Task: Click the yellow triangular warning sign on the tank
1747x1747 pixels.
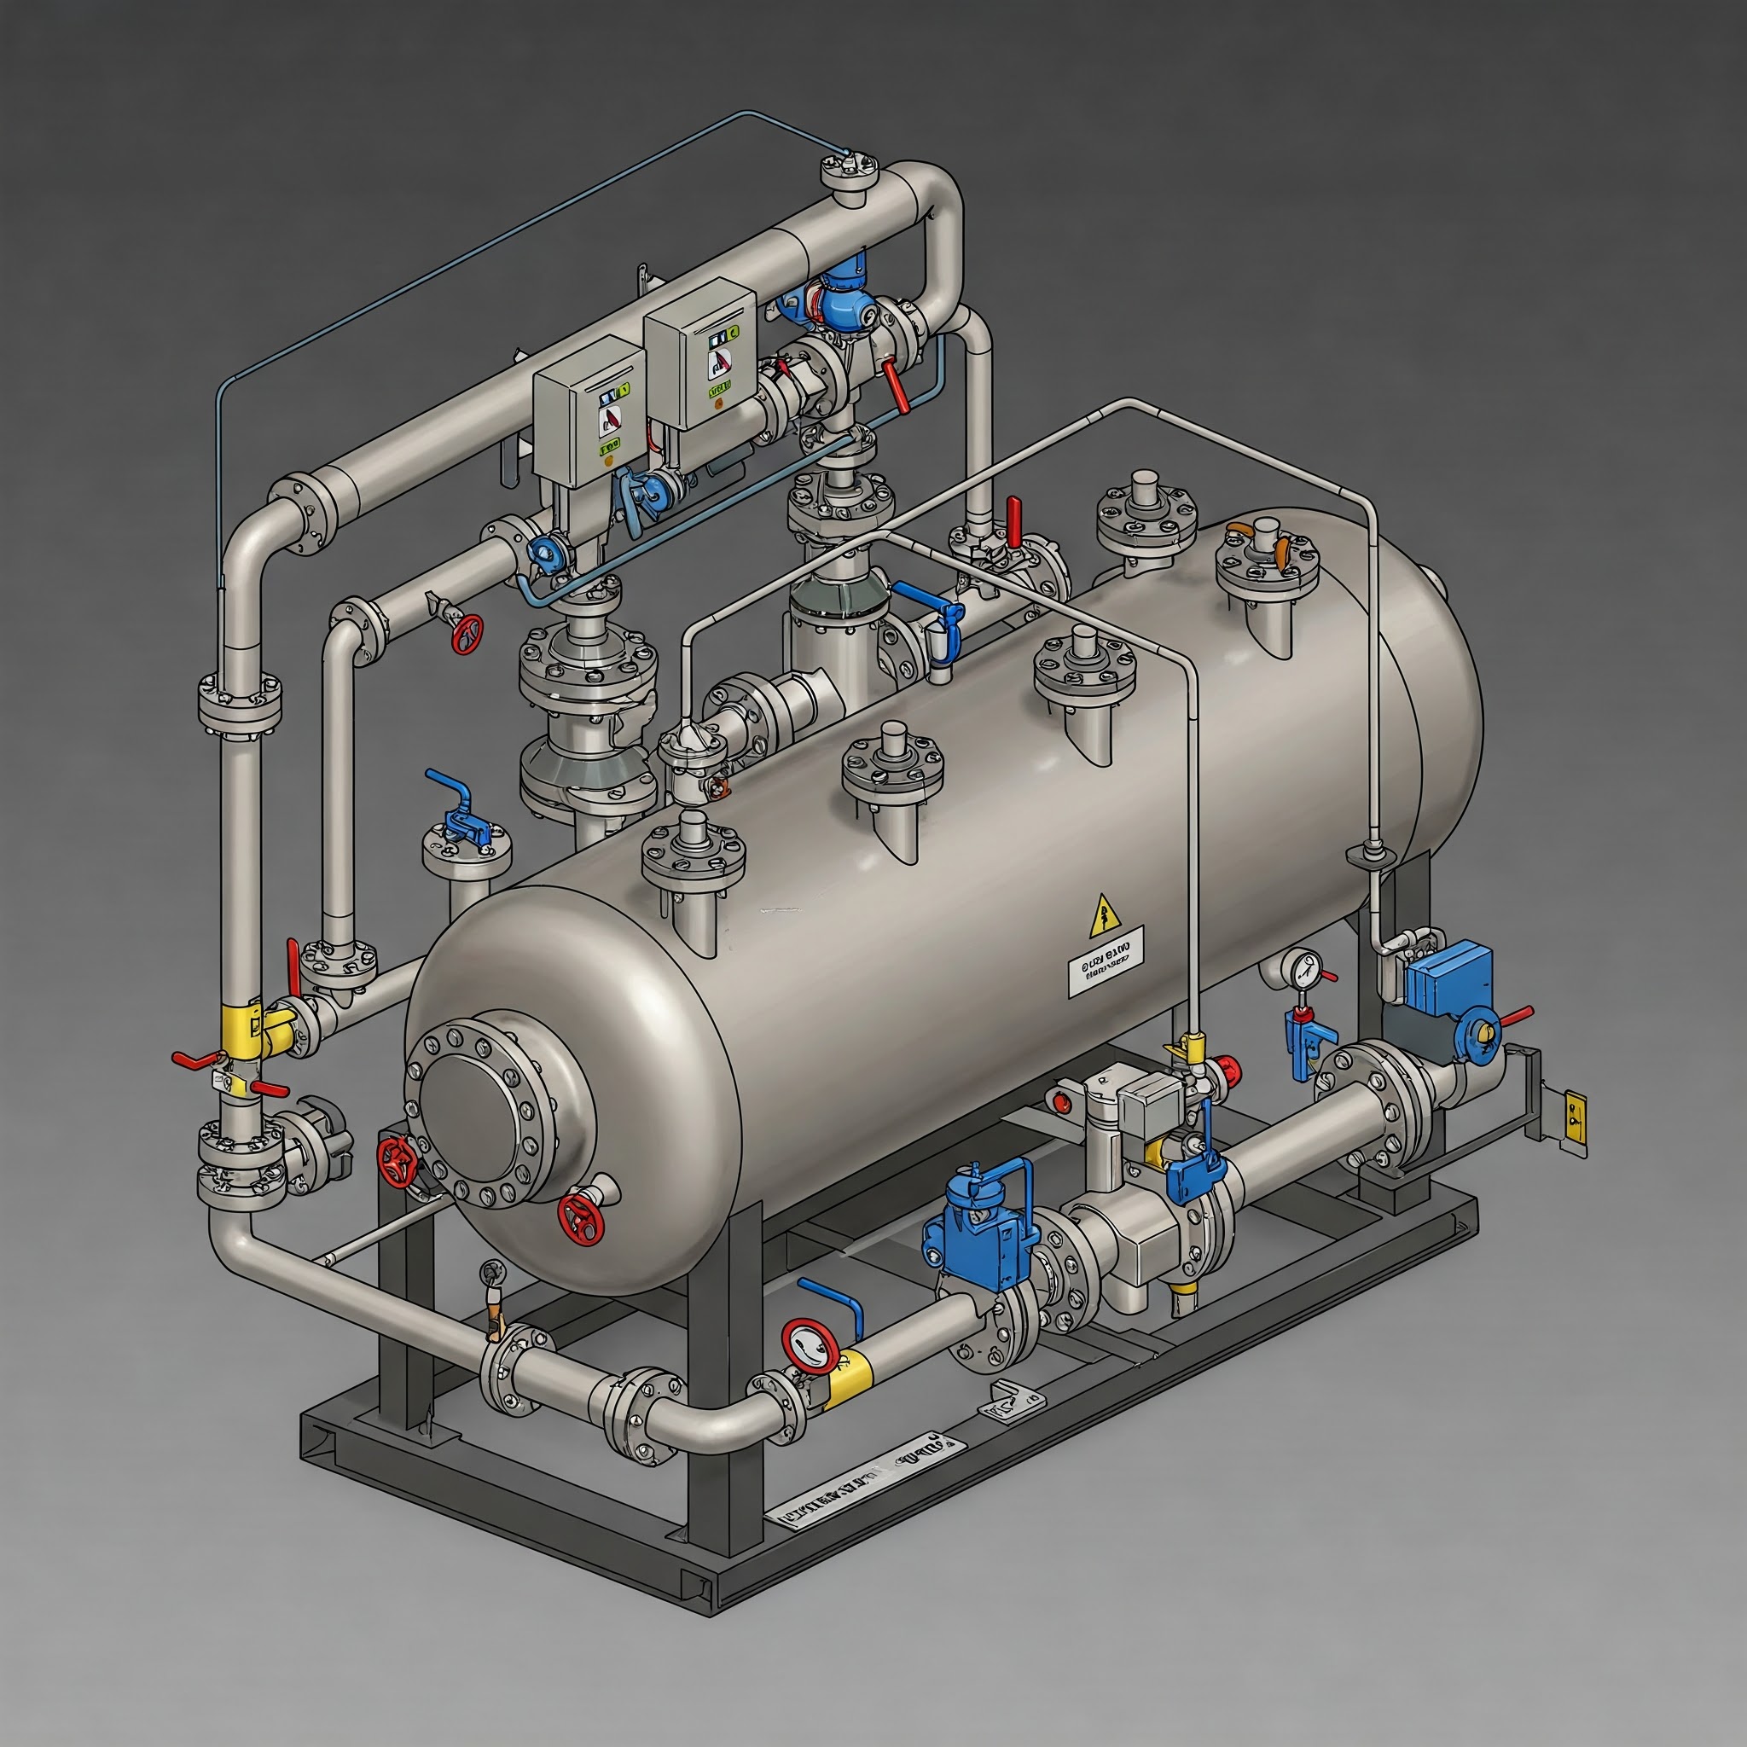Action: click(x=1105, y=915)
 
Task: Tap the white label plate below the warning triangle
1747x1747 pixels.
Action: click(x=1105, y=965)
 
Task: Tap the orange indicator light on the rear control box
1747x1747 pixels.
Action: click(x=719, y=403)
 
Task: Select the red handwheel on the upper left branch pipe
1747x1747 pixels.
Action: click(x=467, y=633)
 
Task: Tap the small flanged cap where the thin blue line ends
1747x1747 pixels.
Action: click(x=849, y=169)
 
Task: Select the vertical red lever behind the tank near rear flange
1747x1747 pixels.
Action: click(x=1014, y=522)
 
